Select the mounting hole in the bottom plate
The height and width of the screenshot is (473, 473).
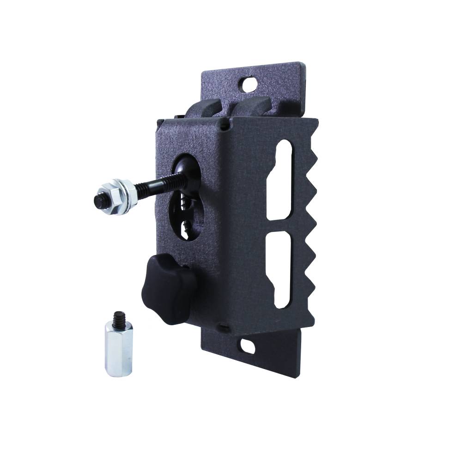pyautogui.click(x=247, y=345)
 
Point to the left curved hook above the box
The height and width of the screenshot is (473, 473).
pyautogui.click(x=206, y=109)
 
